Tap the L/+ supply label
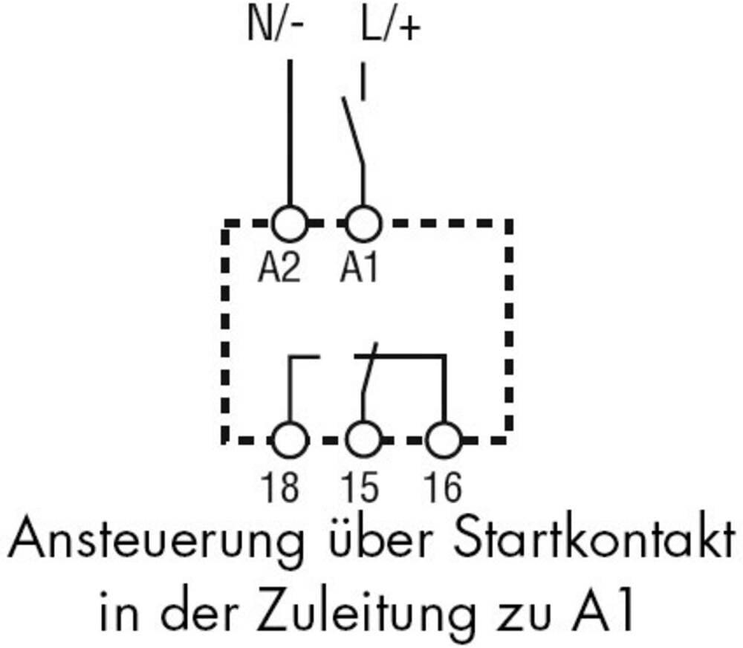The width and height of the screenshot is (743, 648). point(391,27)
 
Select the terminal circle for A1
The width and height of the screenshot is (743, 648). point(363,223)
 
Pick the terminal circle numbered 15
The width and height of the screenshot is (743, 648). point(363,440)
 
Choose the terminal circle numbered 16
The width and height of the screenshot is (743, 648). point(444,440)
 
